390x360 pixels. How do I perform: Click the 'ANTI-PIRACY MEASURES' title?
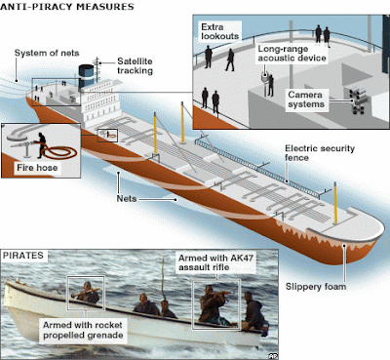click(x=67, y=7)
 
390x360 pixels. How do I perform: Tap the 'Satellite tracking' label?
click(x=135, y=66)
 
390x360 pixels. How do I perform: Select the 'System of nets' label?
click(x=47, y=53)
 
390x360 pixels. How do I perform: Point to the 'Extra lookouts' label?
click(x=220, y=31)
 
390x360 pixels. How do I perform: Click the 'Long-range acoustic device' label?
click(x=292, y=54)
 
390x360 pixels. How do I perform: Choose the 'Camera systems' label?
click(x=306, y=100)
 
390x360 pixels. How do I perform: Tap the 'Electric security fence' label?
click(x=320, y=153)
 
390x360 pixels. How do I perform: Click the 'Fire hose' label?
click(x=37, y=168)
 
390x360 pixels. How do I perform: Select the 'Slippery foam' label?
click(x=316, y=287)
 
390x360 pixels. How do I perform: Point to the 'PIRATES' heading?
click(x=23, y=256)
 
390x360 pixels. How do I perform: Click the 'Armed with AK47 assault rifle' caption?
click(x=215, y=262)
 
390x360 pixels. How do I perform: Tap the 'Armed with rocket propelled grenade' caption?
click(x=83, y=330)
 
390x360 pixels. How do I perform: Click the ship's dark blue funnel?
click(x=86, y=76)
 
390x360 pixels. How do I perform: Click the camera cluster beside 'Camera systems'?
click(x=357, y=100)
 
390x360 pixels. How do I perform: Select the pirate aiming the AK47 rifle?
click(x=213, y=304)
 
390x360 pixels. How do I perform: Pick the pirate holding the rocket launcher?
click(x=87, y=293)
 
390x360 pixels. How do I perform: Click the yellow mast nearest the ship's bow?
click(x=335, y=203)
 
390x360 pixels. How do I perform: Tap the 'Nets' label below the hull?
click(x=127, y=199)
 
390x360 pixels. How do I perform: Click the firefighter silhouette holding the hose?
click(x=42, y=145)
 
